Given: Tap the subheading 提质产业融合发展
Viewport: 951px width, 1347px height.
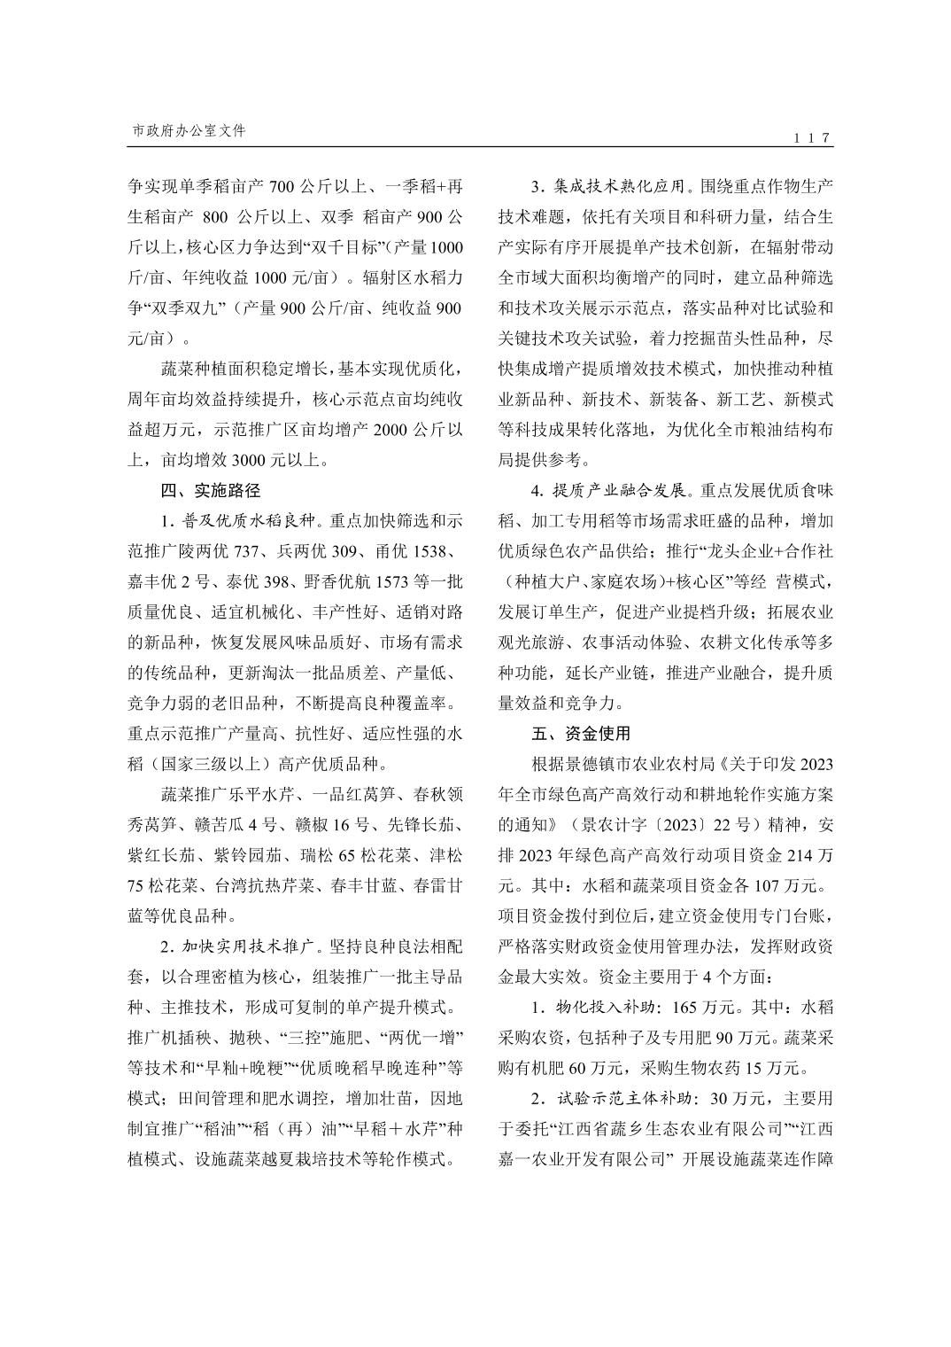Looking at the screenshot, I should click(619, 490).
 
